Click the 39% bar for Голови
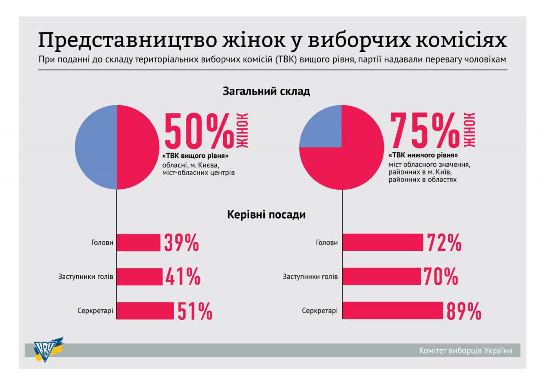[139, 243]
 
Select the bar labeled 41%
[140, 277]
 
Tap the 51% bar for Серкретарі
[145, 311]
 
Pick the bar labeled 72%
[383, 243]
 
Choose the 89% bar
[393, 311]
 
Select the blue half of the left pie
[96, 147]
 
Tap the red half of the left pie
[138, 147]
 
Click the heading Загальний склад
[267, 92]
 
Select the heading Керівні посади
[267, 214]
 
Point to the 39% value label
[181, 243]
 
